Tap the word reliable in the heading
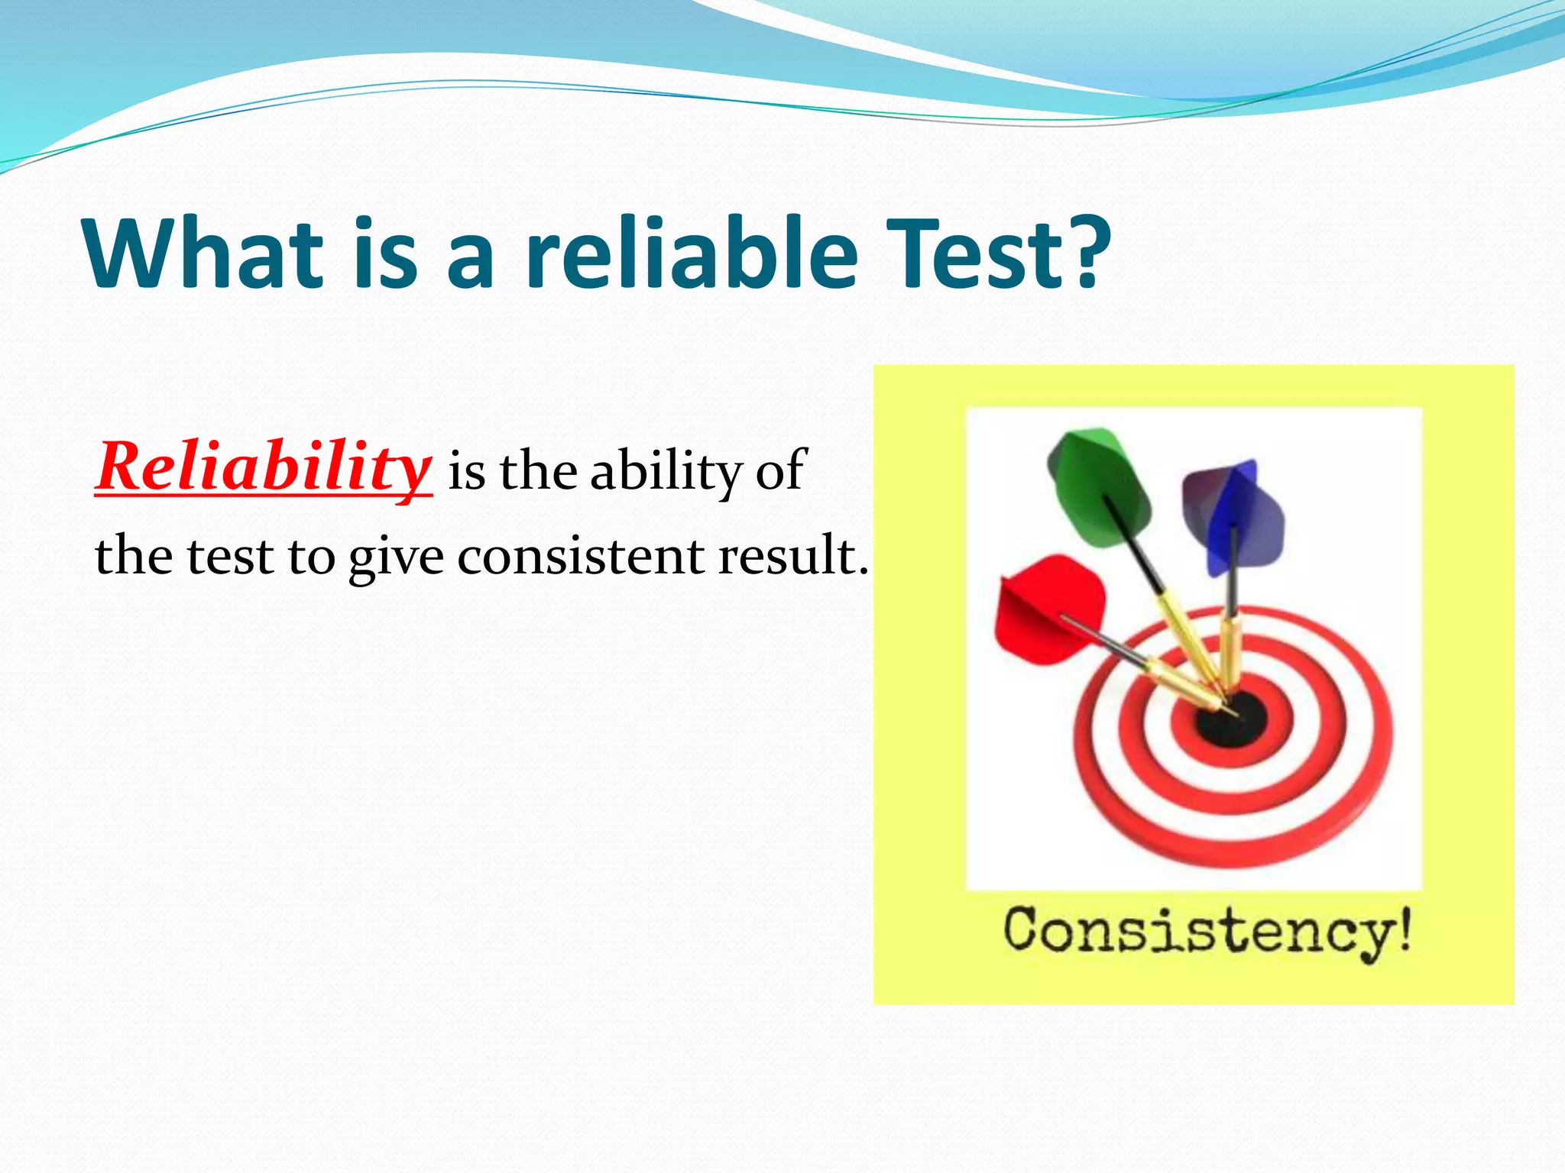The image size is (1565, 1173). pyautogui.click(x=692, y=254)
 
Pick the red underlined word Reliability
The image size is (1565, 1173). pyautogui.click(x=264, y=467)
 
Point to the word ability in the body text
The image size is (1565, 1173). pyautogui.click(x=665, y=472)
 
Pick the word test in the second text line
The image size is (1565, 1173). pyautogui.click(x=230, y=556)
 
